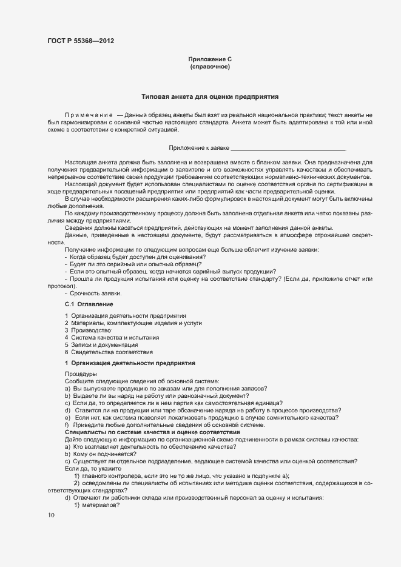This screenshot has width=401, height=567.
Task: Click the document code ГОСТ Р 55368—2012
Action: [80, 41]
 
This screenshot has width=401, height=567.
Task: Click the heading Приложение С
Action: [210, 59]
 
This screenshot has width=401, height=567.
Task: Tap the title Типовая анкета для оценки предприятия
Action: [210, 96]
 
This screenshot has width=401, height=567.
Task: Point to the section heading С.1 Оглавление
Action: [89, 304]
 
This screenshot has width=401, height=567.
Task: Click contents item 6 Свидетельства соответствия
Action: [109, 352]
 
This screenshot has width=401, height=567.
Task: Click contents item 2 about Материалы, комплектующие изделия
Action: [133, 323]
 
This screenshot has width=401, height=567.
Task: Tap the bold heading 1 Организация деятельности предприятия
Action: [129, 363]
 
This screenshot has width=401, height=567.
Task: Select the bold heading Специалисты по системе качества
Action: [152, 432]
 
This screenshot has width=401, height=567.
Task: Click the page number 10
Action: [51, 515]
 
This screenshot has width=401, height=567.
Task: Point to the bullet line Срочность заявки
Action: [93, 294]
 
